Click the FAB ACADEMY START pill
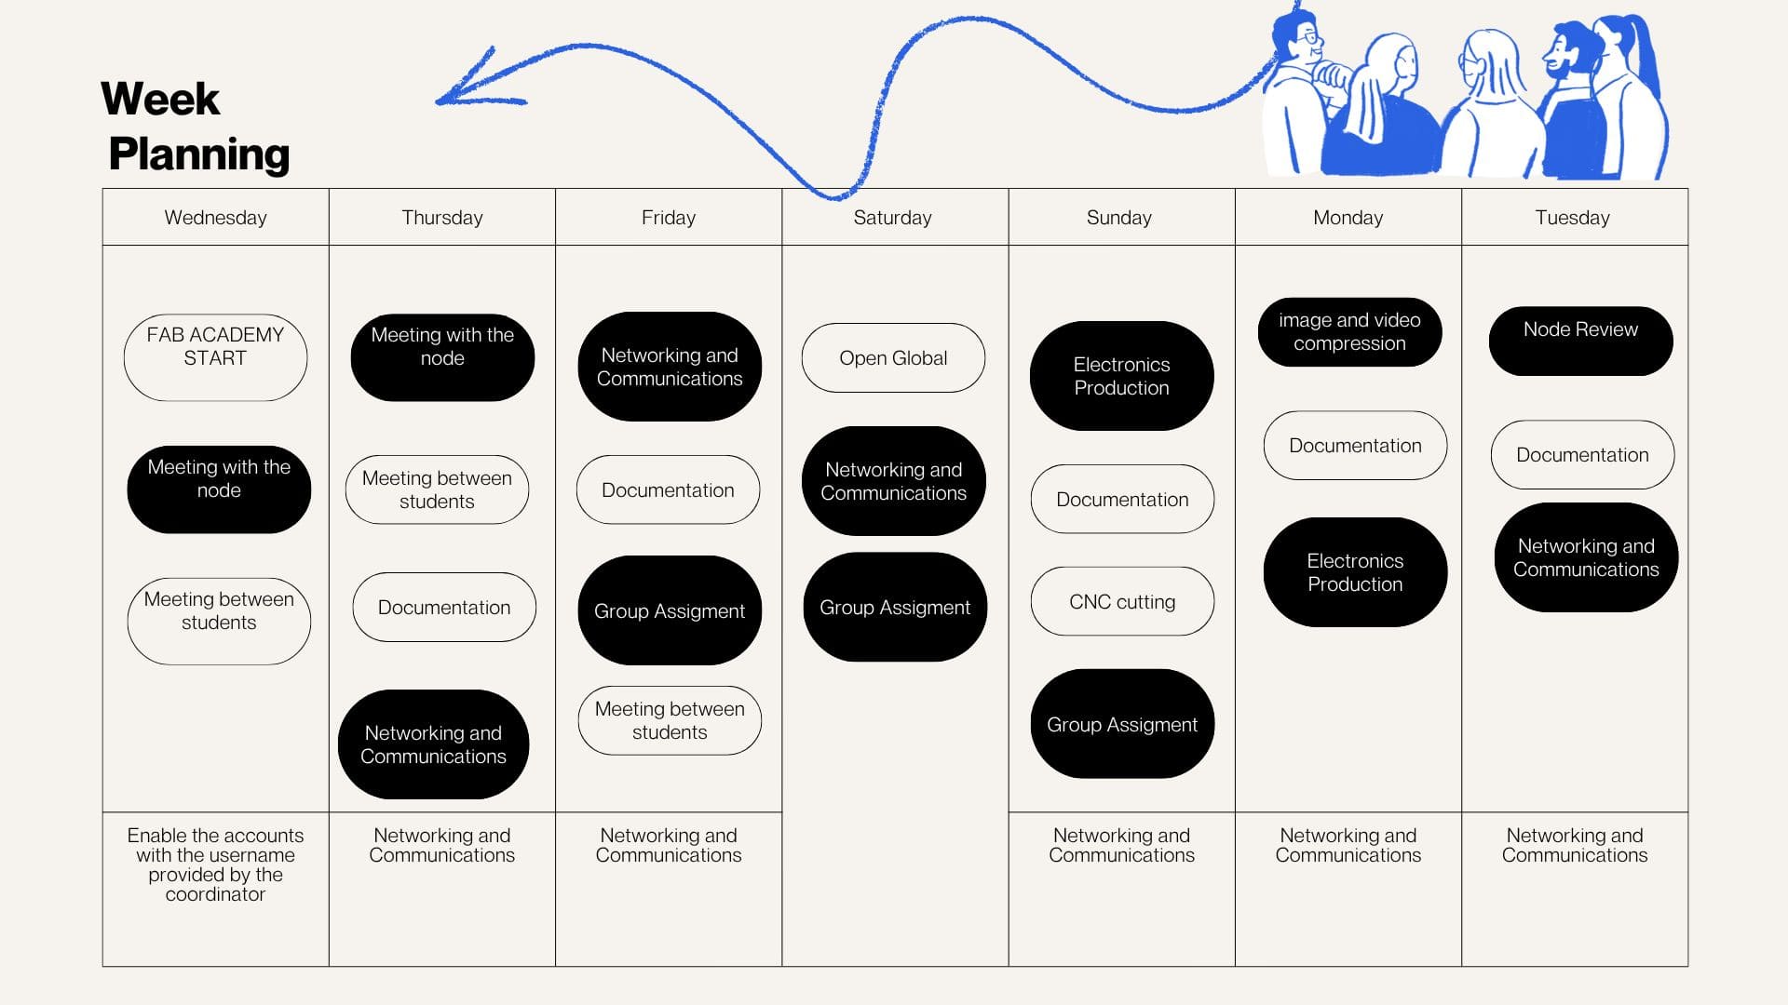tap(215, 357)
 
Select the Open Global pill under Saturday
tap(893, 358)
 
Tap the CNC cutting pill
tap(1122, 602)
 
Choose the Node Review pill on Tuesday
tap(1580, 341)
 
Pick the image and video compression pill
tap(1349, 332)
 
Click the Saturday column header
tap(893, 218)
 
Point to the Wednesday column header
tap(215, 218)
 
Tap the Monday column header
tap(1348, 218)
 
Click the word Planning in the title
tap(199, 154)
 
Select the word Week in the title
tap(160, 99)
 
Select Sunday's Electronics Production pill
tap(1121, 376)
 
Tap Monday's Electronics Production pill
tap(1355, 572)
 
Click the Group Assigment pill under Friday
tap(670, 610)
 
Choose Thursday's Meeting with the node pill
tap(442, 357)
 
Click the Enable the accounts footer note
tap(215, 864)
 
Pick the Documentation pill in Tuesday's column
tap(1582, 455)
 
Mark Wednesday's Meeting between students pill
tap(219, 621)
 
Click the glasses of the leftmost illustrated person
tap(1312, 39)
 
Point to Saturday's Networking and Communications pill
tap(893, 481)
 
